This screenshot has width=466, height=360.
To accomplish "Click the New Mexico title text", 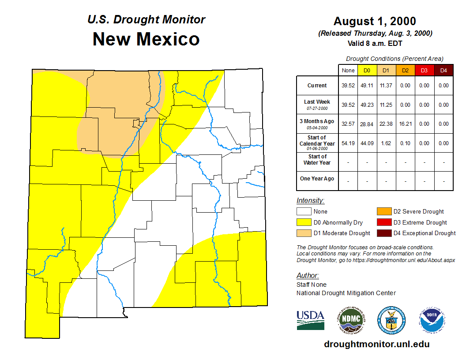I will coord(146,39).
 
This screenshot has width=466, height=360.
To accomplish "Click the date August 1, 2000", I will coord(375,21).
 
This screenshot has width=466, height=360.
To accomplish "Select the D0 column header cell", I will coord(367,70).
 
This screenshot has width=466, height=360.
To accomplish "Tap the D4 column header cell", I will coord(443,70).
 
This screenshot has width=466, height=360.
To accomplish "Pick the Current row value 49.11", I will coord(367,86).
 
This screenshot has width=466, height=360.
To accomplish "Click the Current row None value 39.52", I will coord(348,86).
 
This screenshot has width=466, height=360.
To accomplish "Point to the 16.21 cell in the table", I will coord(405,124).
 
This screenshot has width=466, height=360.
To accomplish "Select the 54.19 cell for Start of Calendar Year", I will coord(348,143).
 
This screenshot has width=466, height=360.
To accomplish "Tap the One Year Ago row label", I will coord(317,179).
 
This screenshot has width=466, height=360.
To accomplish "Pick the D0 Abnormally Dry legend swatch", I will coord(304,222).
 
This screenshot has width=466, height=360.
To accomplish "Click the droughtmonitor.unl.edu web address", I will coord(376,344).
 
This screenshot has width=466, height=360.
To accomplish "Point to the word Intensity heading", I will coord(310,201).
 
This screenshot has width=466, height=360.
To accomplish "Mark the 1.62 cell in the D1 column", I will coord(386,143).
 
